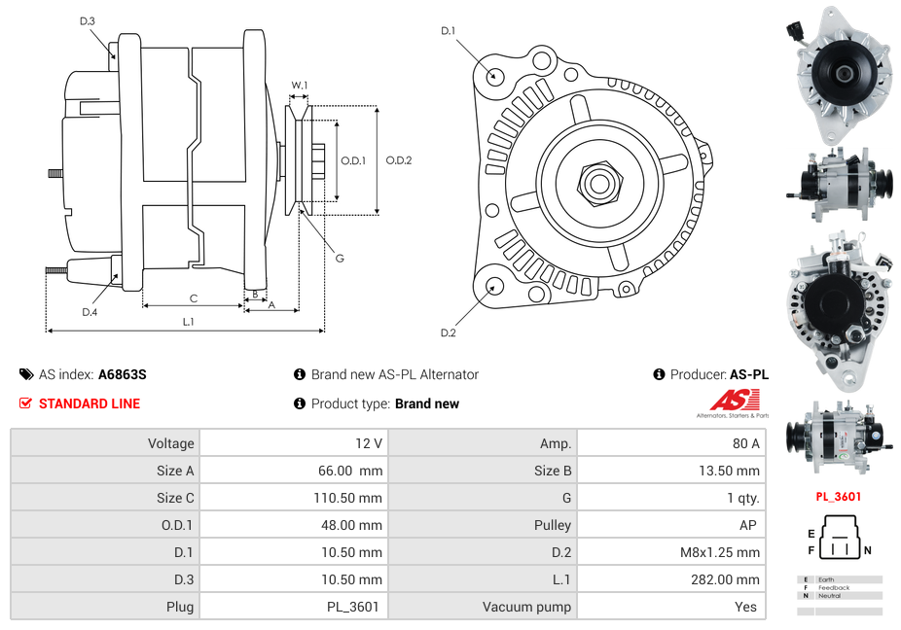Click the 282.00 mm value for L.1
tap(734, 579)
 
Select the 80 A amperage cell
tap(745, 443)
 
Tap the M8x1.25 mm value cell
tap(720, 552)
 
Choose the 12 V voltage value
tap(369, 443)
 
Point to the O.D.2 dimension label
tap(399, 160)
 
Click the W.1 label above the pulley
tap(300, 86)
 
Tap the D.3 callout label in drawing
tap(88, 20)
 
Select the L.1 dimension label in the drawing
tap(189, 321)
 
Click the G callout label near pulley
tap(340, 259)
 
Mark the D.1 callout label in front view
tap(448, 31)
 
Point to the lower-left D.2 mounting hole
tap(494, 285)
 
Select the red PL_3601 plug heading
tap(838, 497)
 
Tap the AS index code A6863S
tap(122, 374)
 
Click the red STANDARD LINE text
tap(90, 403)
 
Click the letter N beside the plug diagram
tap(867, 550)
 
